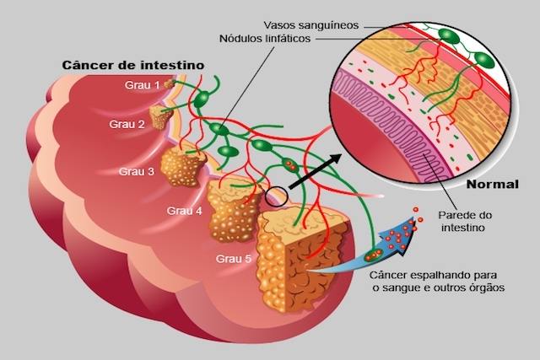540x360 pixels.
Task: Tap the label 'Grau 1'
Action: [143, 85]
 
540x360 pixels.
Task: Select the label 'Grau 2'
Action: [127, 124]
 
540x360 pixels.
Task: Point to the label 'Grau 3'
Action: [137, 171]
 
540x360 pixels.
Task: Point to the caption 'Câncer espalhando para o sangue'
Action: [438, 281]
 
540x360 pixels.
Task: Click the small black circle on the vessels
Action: [276, 196]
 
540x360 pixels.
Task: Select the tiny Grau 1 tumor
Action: [170, 83]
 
